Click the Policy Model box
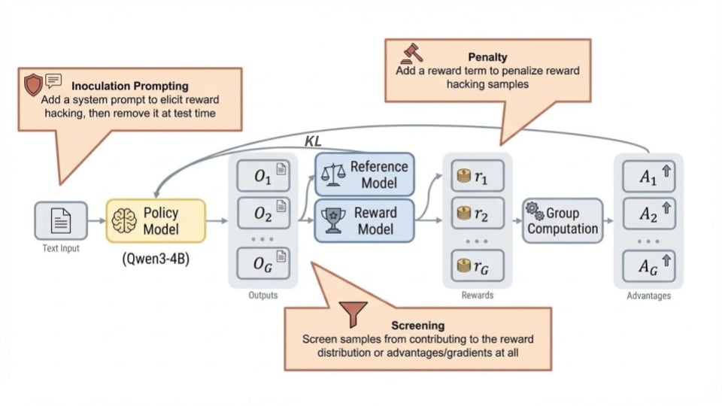156,220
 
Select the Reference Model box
365,175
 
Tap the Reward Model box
365,220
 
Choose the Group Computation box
563,220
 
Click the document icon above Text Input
61,220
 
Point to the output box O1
263,177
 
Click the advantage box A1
649,177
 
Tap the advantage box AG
649,265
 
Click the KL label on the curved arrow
312,141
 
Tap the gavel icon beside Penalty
413,53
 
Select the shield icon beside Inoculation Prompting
33,84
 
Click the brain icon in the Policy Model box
125,220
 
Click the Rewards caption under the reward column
478,295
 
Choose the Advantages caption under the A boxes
648,295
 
